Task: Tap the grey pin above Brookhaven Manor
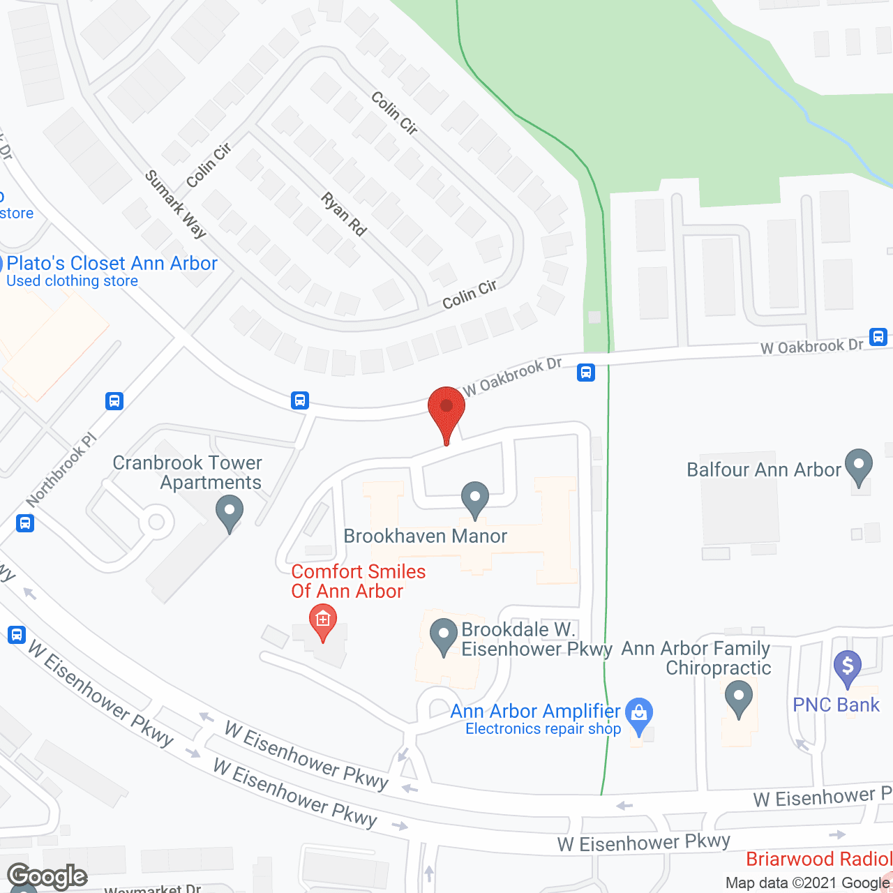click(475, 498)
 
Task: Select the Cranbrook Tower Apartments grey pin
click(230, 512)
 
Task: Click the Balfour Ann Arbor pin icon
click(859, 465)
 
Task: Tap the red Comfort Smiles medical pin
click(322, 620)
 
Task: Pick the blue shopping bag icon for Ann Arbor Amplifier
click(639, 714)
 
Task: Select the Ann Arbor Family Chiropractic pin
click(738, 697)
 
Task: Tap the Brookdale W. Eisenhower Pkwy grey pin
click(444, 636)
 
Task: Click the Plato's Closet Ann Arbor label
click(112, 264)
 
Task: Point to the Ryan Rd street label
click(344, 214)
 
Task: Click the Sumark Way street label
click(176, 204)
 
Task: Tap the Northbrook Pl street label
click(62, 470)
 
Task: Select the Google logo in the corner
click(47, 876)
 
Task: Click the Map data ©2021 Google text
click(808, 883)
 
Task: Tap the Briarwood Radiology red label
click(818, 859)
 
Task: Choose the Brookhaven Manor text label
click(426, 536)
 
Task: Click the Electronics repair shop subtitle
click(543, 729)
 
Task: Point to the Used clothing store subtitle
click(73, 281)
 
